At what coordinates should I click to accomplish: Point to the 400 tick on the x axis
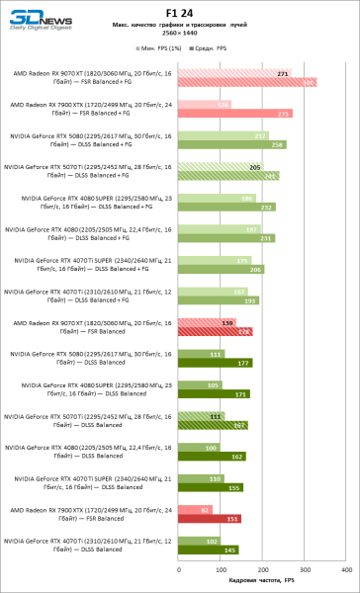coord(344,570)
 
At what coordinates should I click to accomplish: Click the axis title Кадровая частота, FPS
coord(261,581)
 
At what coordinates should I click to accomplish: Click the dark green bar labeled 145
coord(208,551)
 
